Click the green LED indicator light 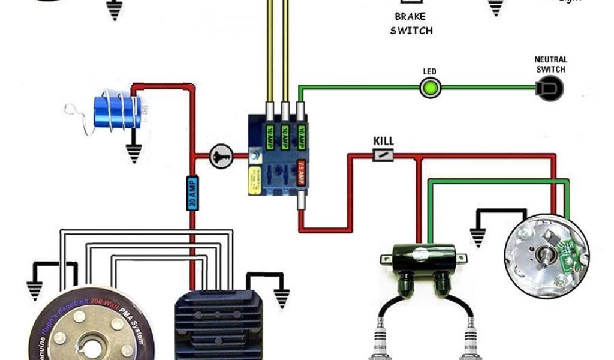point(429,89)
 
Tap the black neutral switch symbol point(551,89)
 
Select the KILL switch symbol point(383,156)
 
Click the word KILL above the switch point(383,142)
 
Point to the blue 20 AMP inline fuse point(192,193)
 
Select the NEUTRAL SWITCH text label point(550,64)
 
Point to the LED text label point(429,71)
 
